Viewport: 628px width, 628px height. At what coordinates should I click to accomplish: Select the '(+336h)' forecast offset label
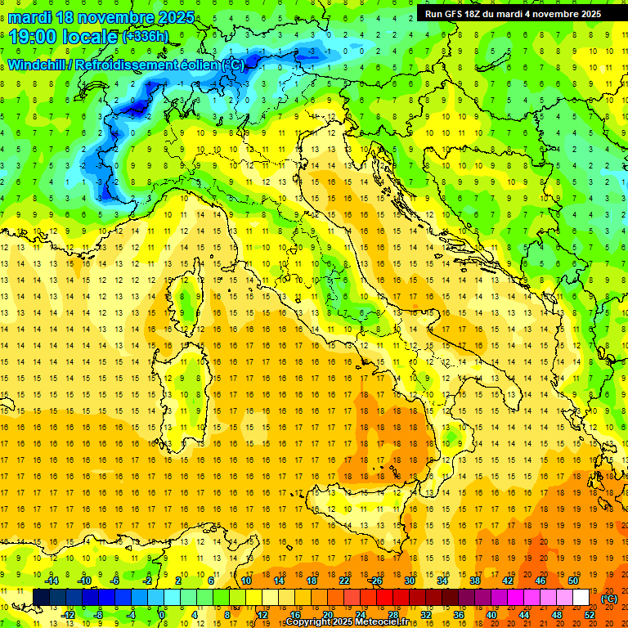pyautogui.click(x=145, y=37)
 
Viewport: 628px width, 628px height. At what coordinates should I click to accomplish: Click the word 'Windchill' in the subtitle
pyautogui.click(x=38, y=65)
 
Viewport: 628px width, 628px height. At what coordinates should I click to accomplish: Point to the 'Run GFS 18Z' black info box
pyautogui.click(x=513, y=13)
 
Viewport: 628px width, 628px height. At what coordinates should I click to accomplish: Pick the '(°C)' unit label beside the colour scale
pyautogui.click(x=608, y=599)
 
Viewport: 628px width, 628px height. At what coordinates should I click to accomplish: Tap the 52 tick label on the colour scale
pyautogui.click(x=590, y=614)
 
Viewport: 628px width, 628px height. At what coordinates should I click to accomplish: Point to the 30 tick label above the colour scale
pyautogui.click(x=409, y=581)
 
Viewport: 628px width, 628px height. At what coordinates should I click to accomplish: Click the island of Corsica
pyautogui.click(x=189, y=290)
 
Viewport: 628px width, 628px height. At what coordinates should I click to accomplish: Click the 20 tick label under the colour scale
pyautogui.click(x=327, y=614)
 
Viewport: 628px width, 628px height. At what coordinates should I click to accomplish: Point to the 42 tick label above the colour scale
pyautogui.click(x=507, y=581)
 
